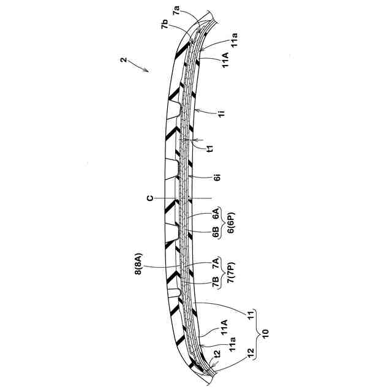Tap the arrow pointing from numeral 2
140,66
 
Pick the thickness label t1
210,148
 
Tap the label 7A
216,265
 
